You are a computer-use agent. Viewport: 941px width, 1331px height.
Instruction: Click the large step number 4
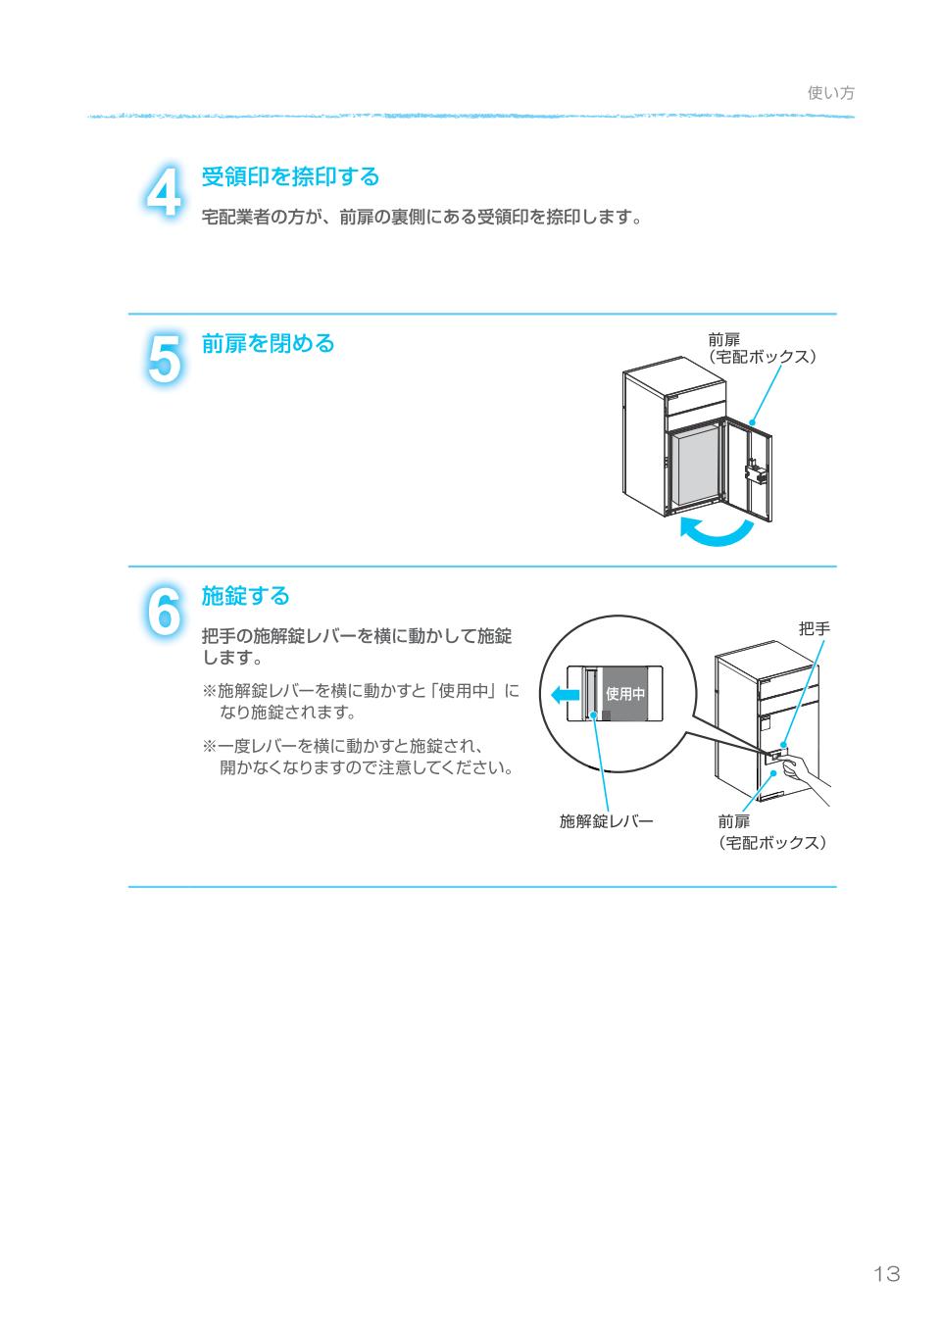point(164,191)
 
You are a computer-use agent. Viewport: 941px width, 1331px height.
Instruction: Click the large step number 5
point(164,358)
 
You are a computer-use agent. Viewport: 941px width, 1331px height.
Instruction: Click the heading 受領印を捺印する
point(290,177)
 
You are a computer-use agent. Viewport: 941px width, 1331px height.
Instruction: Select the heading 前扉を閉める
point(268,344)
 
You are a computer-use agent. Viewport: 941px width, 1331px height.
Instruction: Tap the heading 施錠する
point(245,596)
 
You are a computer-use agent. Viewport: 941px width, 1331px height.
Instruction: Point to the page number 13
point(885,1274)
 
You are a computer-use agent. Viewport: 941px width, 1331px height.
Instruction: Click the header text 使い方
point(831,93)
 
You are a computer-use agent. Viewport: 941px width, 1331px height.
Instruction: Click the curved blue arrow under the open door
point(718,532)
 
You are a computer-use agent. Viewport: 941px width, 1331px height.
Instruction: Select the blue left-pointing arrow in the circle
point(565,695)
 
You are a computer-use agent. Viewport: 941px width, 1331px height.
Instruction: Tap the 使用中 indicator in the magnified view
point(625,694)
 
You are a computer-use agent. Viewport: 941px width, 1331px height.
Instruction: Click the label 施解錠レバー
point(606,821)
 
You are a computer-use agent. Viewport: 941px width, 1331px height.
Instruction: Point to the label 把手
point(814,629)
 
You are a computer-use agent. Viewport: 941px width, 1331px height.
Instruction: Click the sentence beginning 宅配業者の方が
point(421,218)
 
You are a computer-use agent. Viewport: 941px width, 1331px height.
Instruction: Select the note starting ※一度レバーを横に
point(358,757)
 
